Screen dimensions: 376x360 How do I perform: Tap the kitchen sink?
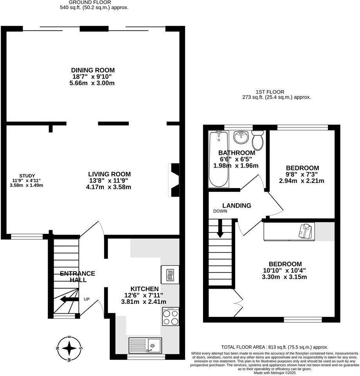click(x=145, y=345)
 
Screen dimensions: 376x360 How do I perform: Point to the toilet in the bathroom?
click(x=257, y=139)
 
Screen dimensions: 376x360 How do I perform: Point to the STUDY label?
click(x=27, y=175)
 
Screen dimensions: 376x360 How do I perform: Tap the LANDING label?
click(x=236, y=206)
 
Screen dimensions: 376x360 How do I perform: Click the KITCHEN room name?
click(x=144, y=288)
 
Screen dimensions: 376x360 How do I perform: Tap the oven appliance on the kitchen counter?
click(x=170, y=274)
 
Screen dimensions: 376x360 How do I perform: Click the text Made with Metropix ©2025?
click(x=274, y=372)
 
